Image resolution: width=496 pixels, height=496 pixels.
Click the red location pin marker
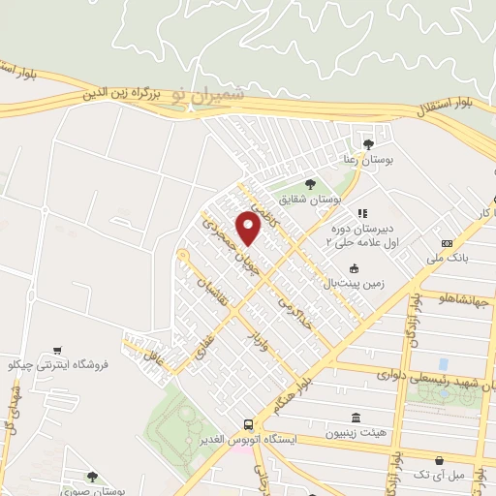[x=249, y=230]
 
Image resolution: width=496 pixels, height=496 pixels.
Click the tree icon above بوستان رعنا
[x=366, y=141]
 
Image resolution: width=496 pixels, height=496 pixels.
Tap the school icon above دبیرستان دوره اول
[x=362, y=213]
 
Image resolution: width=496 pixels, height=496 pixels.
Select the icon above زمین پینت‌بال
[x=355, y=268]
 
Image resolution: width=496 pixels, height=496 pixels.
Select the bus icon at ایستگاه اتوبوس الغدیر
[x=249, y=424]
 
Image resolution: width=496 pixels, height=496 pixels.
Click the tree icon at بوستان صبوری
[x=92, y=476]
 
